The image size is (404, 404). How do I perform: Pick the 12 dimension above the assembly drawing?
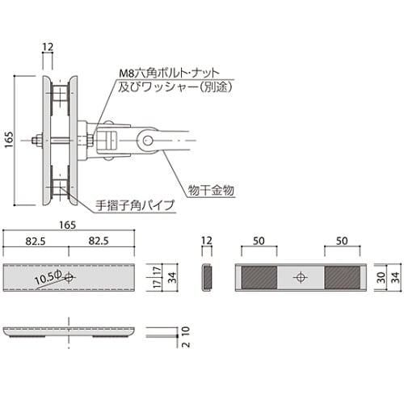48,48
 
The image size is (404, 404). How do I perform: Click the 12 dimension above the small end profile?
207,242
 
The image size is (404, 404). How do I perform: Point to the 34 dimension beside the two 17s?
171,277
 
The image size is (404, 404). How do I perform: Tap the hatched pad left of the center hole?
259,277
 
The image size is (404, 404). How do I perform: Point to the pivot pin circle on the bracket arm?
149,141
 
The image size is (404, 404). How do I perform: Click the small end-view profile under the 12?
208,277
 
